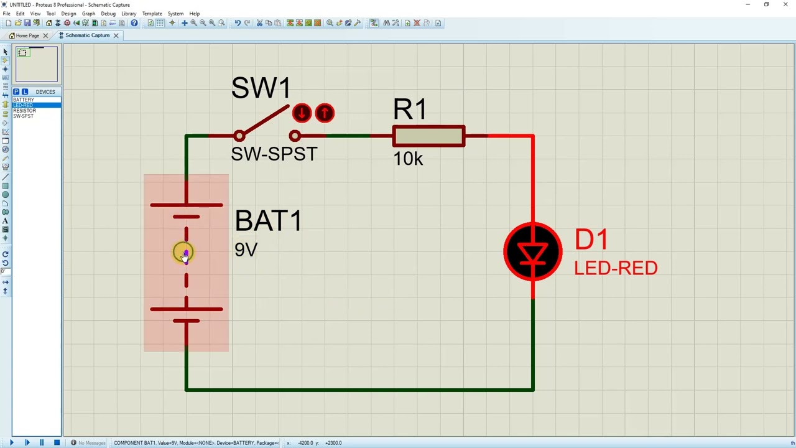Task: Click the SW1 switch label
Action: pos(261,88)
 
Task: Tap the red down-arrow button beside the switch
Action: pos(302,113)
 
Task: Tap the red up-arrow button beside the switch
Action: pos(325,113)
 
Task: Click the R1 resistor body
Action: pos(428,136)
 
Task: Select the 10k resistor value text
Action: pos(408,159)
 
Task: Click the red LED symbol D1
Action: pos(533,252)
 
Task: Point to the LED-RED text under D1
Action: pos(615,268)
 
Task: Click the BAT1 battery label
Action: pos(268,221)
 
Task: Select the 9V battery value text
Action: pos(246,250)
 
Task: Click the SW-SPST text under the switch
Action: pos(274,154)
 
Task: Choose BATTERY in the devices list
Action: pos(24,100)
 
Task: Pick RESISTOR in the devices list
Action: pos(25,111)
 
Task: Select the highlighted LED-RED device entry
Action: pos(24,105)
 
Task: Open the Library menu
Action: pos(129,13)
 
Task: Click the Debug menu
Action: pos(108,13)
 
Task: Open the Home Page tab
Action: pos(27,35)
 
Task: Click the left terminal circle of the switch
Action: pos(239,136)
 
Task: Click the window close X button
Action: pos(785,4)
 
